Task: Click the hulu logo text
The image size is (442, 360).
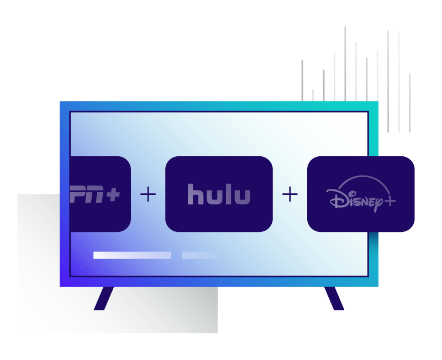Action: (219, 194)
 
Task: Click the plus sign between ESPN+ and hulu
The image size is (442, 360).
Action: (148, 194)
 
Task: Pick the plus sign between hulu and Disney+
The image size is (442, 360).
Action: (290, 194)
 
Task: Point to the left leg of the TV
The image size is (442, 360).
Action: (103, 299)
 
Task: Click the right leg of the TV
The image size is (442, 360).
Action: (334, 299)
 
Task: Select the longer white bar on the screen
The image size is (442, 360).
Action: (132, 255)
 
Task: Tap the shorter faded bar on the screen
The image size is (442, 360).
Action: (199, 255)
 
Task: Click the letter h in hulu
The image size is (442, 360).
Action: (194, 194)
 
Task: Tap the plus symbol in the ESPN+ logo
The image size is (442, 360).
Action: (113, 194)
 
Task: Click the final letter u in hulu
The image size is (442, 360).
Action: (242, 197)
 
